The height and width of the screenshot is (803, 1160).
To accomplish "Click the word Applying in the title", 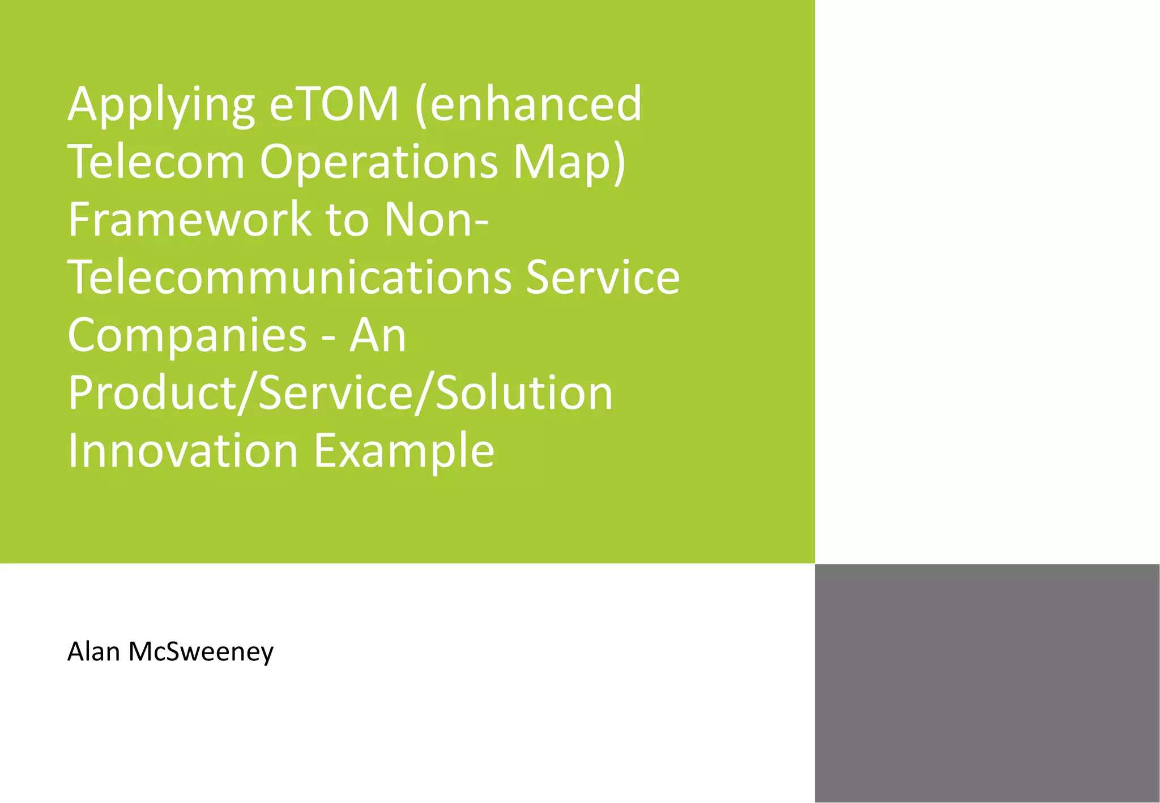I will (161, 106).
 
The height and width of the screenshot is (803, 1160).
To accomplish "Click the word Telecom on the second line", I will (156, 162).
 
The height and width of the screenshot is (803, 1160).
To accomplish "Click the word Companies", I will (187, 336).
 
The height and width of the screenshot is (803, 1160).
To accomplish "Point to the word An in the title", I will (378, 335).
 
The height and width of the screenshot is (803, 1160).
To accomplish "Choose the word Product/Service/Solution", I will (340, 393).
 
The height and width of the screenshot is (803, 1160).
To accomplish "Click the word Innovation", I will (183, 451).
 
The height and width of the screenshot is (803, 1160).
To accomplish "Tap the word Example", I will (404, 452).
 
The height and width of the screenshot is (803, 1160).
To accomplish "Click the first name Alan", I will (93, 652).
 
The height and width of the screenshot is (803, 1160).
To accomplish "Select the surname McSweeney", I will (201, 653).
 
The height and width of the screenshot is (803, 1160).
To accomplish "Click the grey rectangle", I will (987, 682).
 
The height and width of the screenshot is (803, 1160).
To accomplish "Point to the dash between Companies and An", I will (327, 339).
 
